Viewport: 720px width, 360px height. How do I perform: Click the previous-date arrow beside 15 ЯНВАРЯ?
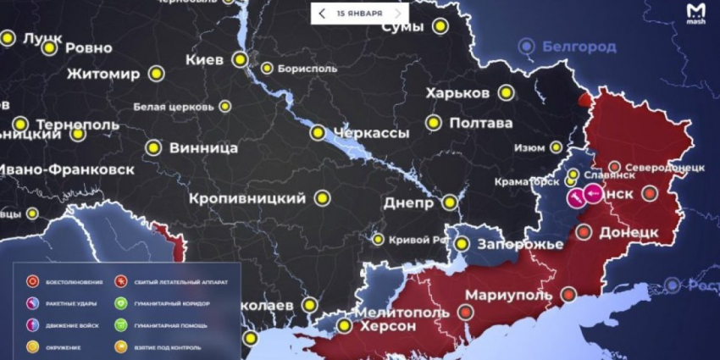(x=323, y=14)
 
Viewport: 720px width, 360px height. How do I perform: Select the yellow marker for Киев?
(x=241, y=60)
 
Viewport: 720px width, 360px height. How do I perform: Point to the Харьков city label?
(x=458, y=92)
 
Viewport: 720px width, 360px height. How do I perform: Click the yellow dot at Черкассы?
(x=318, y=132)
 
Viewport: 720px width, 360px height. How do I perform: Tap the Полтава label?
(x=482, y=123)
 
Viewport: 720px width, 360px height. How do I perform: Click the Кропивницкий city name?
(x=247, y=198)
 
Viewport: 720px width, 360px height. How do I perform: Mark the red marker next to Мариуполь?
(x=568, y=295)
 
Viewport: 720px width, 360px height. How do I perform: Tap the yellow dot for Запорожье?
(x=462, y=244)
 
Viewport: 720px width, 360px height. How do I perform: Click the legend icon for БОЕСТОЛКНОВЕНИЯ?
(x=31, y=281)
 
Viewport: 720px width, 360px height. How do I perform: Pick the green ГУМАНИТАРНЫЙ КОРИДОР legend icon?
(x=122, y=303)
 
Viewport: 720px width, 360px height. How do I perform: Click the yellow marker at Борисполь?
(x=267, y=69)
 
